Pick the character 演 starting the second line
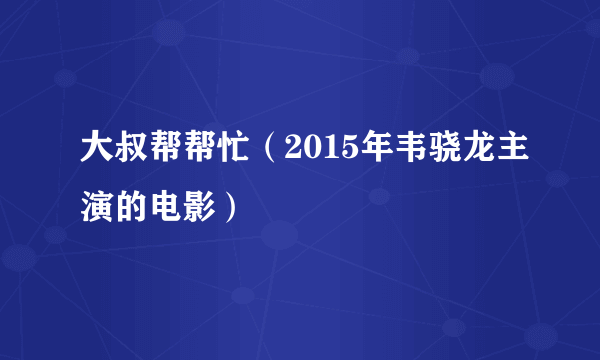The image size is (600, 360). [100, 207]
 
